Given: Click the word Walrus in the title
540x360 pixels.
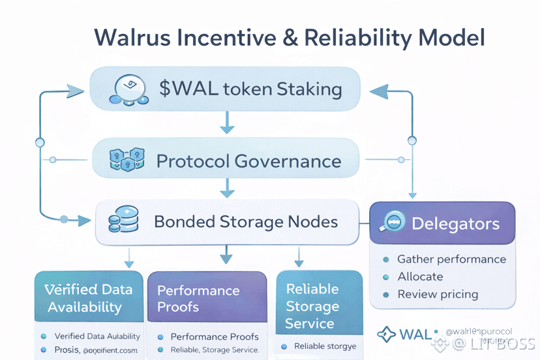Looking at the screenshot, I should (130, 37).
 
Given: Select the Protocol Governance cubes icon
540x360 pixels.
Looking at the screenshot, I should (125, 160).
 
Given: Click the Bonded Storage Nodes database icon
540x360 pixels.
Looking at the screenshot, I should (124, 222).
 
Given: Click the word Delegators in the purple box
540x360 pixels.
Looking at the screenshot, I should (455, 224).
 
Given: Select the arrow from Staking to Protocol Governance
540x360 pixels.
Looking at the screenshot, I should (227, 123).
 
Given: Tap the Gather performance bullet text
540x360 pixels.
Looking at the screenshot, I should (451, 259).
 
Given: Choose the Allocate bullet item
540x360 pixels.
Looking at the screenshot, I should (420, 277).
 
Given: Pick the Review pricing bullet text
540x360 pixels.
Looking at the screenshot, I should (438, 294).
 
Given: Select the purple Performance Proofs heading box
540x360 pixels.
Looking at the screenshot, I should (207, 297).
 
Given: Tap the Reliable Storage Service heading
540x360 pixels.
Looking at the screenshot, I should (312, 306).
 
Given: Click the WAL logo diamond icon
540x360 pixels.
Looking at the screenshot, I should (386, 335).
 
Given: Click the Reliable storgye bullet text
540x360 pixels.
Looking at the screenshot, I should (325, 346).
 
